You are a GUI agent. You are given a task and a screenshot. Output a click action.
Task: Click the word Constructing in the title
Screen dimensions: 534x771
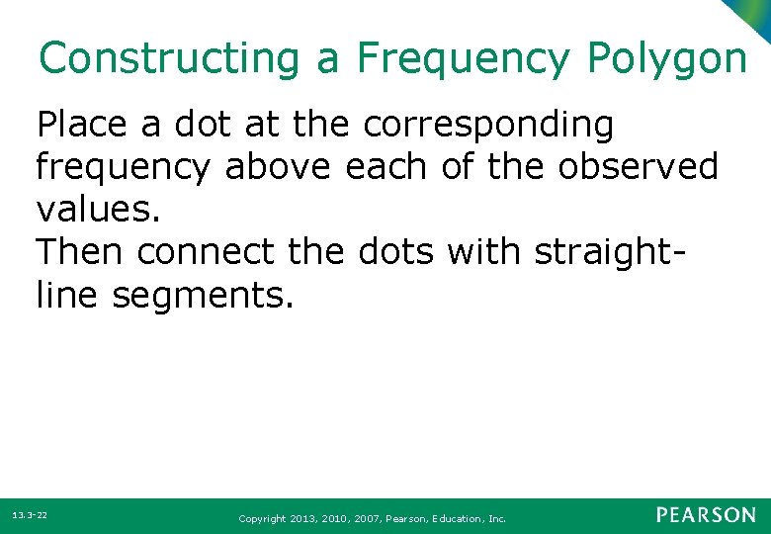pos(168,58)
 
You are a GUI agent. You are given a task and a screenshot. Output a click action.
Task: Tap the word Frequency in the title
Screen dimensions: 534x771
pos(463,58)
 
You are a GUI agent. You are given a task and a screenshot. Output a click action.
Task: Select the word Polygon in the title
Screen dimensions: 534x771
pos(667,58)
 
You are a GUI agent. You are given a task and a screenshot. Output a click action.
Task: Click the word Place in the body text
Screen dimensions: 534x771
pos(82,126)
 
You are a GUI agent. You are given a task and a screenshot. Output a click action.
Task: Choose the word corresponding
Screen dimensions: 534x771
pos(488,126)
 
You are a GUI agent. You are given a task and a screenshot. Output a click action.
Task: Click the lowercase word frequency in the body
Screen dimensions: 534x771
pos(123,168)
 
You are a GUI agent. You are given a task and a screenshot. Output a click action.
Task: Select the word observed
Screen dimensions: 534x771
pos(639,167)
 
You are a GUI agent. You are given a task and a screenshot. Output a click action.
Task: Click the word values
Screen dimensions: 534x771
pos(97,210)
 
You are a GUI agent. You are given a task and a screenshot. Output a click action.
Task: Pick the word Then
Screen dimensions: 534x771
pos(80,252)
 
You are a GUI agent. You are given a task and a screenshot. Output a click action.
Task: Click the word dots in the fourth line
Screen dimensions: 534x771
pos(389,252)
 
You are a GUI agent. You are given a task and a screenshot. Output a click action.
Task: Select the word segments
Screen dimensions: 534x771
pos(203,295)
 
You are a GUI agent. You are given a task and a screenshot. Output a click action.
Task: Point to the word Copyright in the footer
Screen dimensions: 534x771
pos(262,518)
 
